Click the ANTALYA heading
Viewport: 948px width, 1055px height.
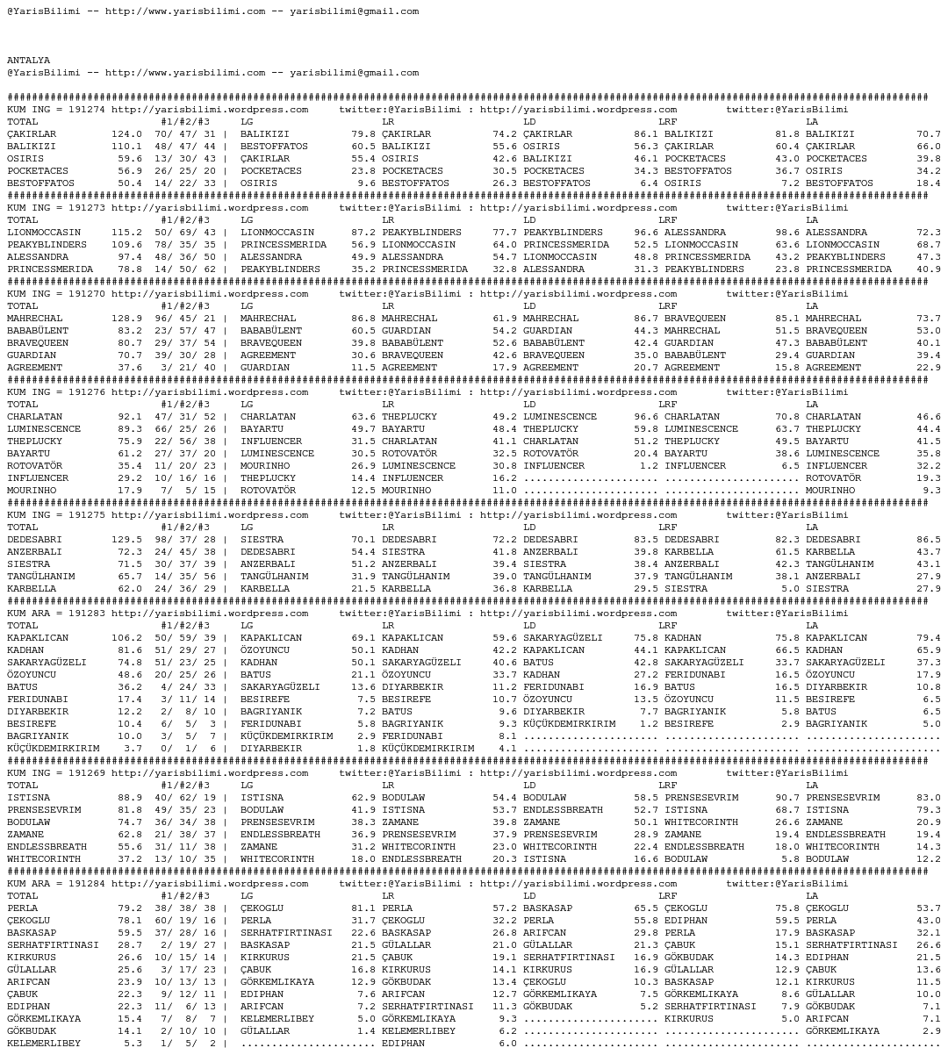28,61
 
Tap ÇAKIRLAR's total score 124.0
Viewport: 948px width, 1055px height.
126,134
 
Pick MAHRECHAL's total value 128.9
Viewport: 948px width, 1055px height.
126,319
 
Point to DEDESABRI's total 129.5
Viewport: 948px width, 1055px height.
126,540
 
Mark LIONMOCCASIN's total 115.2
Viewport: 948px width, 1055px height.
126,233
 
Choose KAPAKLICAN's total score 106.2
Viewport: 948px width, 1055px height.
126,638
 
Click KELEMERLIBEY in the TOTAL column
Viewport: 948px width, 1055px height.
44,1044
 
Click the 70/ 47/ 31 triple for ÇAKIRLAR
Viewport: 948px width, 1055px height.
184,134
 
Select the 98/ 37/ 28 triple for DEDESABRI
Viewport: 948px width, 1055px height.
184,540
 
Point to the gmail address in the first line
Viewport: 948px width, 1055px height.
354,11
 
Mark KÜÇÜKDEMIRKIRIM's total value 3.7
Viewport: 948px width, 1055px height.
133,749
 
